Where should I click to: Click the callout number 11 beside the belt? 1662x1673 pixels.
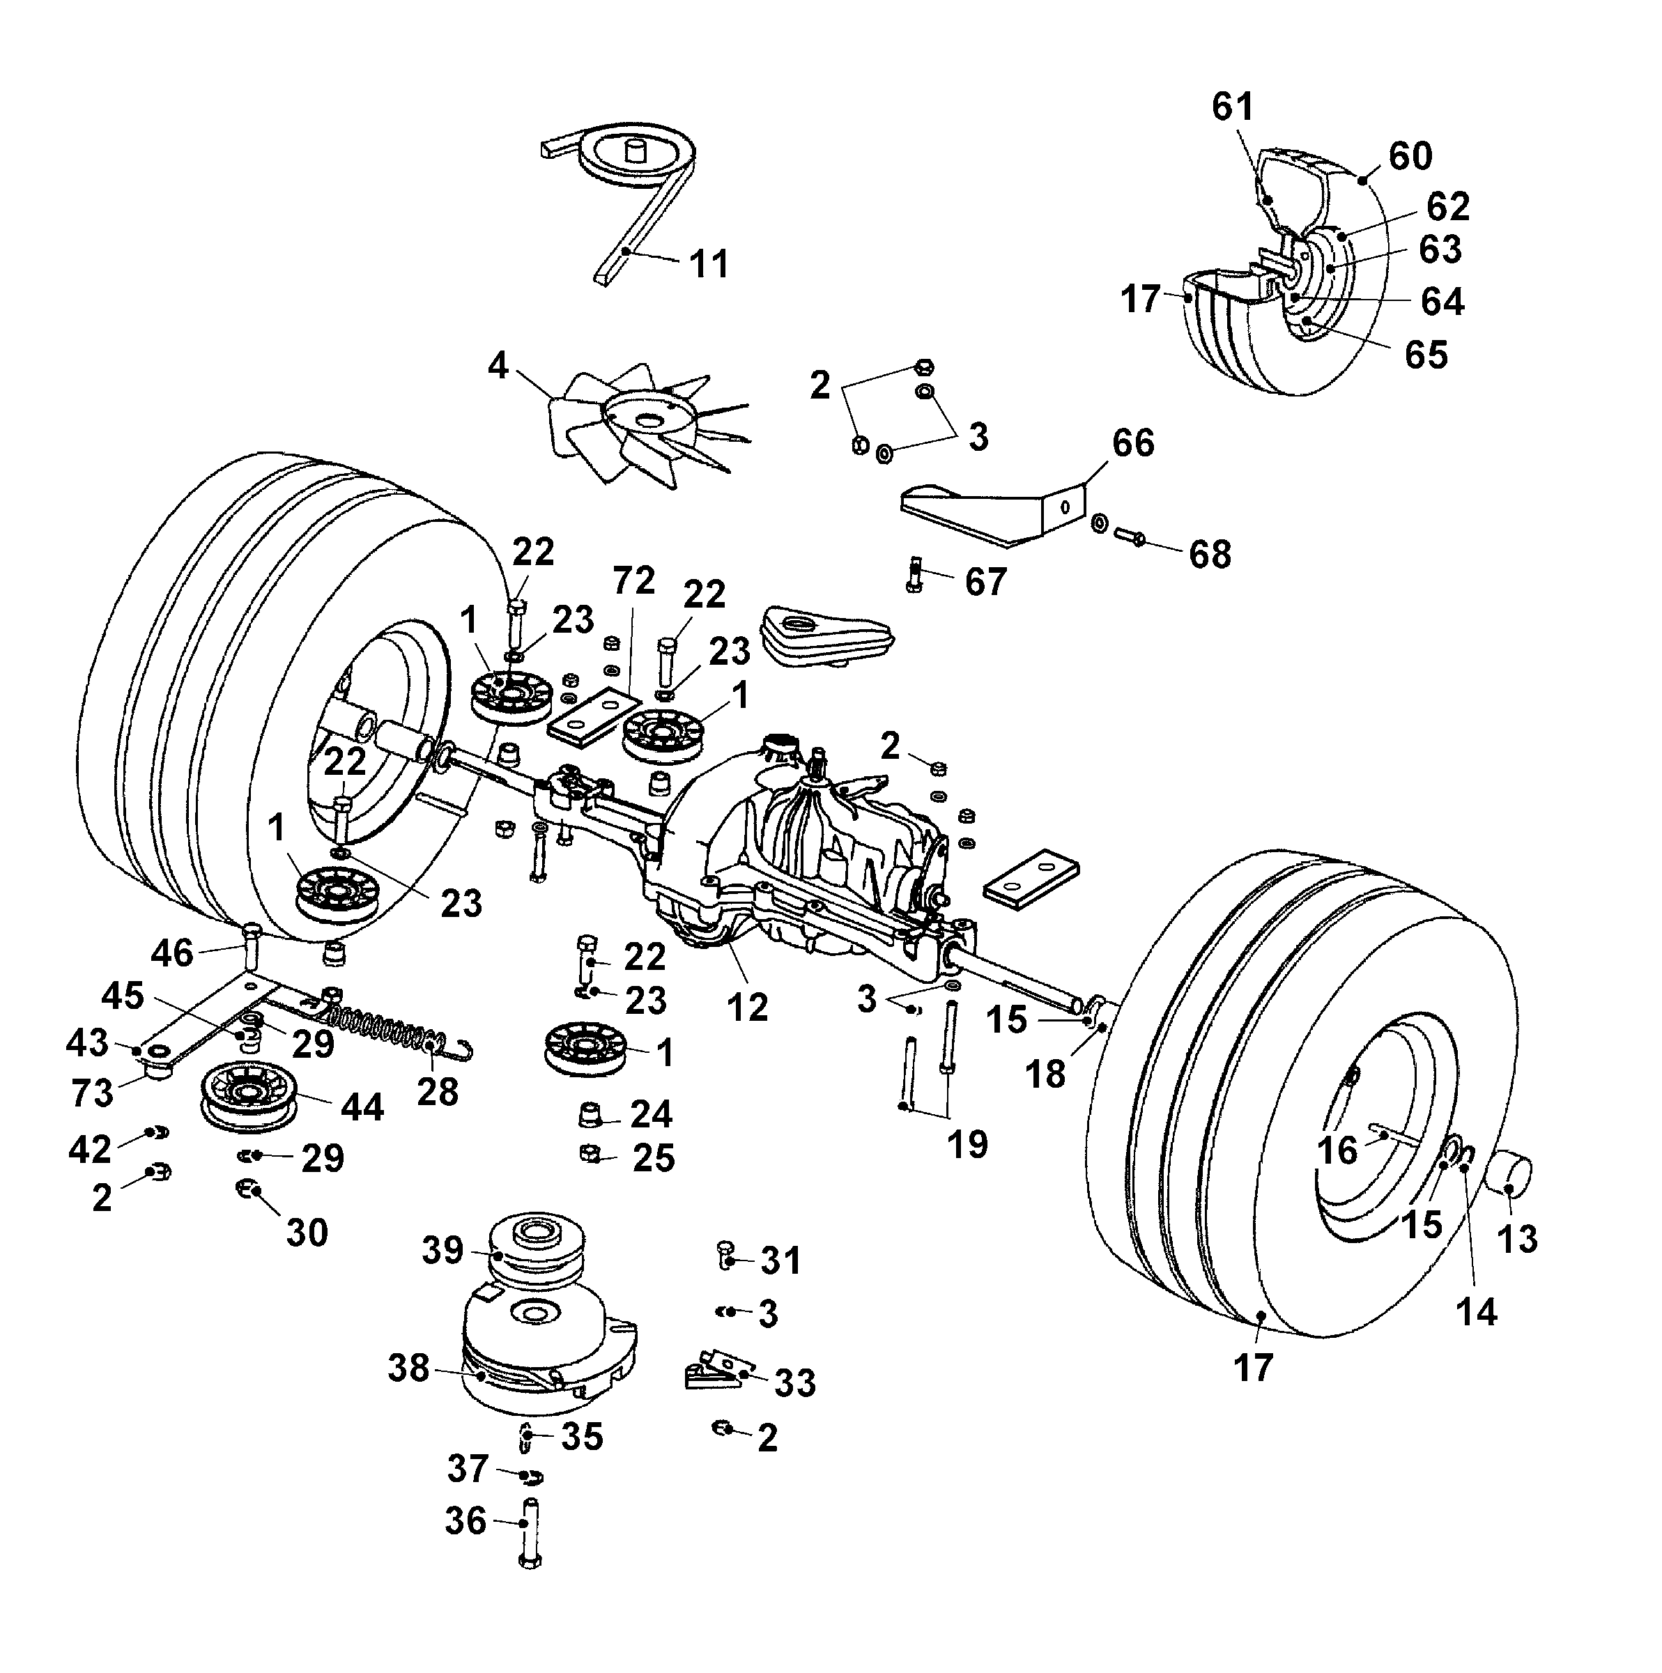click(709, 263)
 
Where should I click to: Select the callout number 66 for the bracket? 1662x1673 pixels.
click(1133, 443)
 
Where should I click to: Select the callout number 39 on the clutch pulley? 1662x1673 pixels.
click(443, 1249)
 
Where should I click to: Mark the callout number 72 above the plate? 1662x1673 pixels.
click(634, 581)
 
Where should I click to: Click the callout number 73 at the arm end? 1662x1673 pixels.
click(92, 1093)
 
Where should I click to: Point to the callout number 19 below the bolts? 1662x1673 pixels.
click(967, 1145)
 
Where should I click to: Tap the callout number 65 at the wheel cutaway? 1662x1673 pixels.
click(1426, 354)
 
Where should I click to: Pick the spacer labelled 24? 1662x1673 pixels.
click(590, 1114)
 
